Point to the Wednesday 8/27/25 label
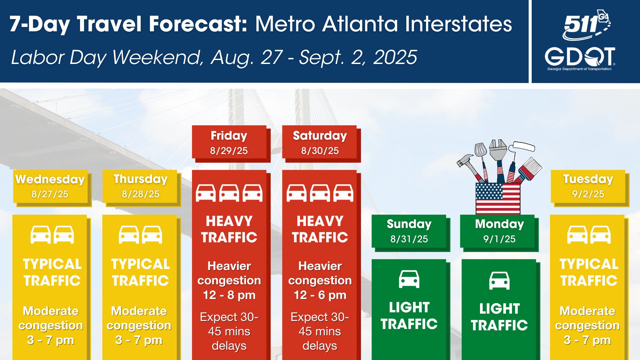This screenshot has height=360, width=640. [50, 186]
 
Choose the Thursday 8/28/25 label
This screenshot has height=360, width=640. [140, 186]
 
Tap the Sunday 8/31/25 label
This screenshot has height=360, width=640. [409, 231]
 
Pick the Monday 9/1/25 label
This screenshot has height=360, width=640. [499, 231]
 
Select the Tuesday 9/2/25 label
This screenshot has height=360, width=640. [588, 186]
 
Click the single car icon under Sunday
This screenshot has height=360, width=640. [409, 279]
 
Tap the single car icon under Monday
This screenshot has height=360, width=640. [499, 281]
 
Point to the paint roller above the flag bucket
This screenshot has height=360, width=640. [523, 147]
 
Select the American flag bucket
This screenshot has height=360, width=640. [498, 198]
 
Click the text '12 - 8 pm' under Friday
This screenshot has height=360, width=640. [229, 295]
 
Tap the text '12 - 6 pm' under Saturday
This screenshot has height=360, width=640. [320, 295]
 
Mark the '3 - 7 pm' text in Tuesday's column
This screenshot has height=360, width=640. [587, 340]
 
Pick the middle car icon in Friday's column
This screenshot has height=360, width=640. [229, 193]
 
